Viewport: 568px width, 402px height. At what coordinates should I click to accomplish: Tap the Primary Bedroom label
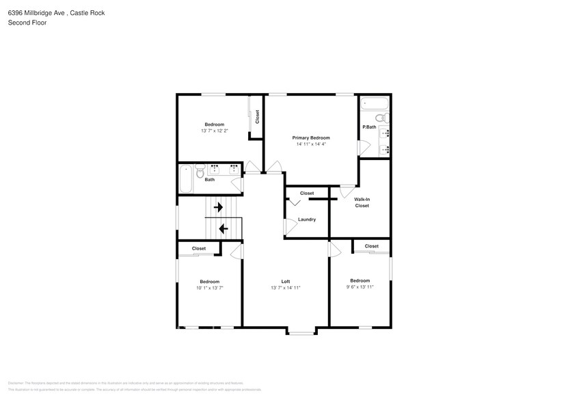(311, 137)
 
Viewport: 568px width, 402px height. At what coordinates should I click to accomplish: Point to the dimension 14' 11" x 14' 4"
(311, 144)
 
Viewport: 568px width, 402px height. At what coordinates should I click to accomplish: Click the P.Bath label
(369, 127)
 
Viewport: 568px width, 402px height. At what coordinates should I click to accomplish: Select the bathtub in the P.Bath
(375, 104)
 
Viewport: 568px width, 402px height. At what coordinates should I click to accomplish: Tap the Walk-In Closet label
(362, 202)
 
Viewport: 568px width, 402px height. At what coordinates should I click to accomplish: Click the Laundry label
(307, 219)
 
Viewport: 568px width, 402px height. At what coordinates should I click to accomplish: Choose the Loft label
(286, 281)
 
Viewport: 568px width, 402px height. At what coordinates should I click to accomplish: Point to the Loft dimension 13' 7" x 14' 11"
(286, 288)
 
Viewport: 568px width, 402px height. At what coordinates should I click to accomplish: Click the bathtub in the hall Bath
(185, 180)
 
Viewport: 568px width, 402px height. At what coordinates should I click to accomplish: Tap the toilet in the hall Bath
(200, 172)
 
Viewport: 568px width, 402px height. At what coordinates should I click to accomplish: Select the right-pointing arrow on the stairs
(219, 206)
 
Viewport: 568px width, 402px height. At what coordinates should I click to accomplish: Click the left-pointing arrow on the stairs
(223, 228)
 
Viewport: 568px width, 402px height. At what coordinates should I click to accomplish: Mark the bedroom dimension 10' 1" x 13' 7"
(209, 288)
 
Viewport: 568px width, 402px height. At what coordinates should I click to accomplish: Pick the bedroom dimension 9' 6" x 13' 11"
(360, 287)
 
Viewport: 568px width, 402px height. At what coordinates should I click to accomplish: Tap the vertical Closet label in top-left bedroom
(257, 116)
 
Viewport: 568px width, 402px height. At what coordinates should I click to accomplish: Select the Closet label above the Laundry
(307, 193)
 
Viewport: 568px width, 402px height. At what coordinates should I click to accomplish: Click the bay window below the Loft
(301, 333)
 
